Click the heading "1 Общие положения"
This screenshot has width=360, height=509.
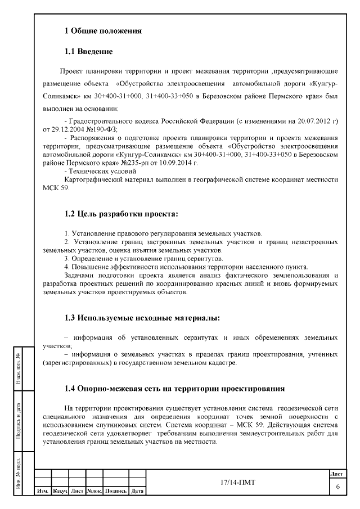(102, 30)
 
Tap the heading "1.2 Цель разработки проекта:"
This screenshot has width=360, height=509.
(121, 214)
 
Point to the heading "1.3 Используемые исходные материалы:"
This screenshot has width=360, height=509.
(142, 318)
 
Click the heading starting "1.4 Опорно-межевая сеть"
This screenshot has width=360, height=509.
(174, 389)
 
